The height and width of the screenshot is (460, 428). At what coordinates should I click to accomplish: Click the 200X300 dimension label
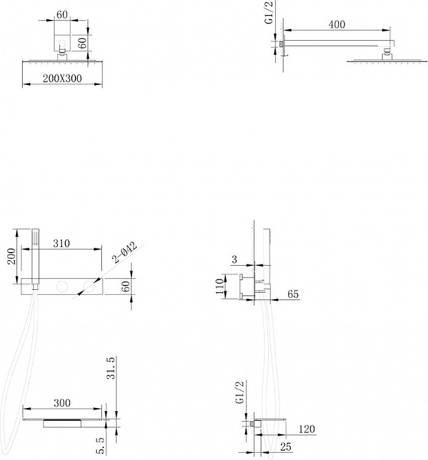click(62, 78)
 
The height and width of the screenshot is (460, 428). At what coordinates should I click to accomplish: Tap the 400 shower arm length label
click(337, 25)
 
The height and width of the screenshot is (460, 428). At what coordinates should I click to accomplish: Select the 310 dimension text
click(61, 243)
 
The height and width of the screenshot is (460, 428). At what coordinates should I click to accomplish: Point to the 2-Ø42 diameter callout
click(125, 252)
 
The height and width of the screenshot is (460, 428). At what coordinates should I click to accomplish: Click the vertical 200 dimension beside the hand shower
click(11, 256)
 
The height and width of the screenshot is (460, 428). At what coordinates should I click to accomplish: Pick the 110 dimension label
click(220, 287)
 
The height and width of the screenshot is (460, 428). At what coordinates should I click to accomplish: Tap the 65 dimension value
click(292, 294)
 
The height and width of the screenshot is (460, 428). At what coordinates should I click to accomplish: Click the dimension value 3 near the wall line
click(234, 259)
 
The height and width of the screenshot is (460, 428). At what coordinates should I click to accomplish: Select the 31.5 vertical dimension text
click(111, 368)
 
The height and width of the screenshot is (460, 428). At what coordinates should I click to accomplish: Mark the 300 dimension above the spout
click(62, 402)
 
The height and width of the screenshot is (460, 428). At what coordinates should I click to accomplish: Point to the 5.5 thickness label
click(100, 445)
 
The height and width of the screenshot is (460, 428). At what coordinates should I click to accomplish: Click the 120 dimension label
click(307, 429)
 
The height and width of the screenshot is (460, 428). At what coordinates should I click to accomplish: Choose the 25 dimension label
click(286, 447)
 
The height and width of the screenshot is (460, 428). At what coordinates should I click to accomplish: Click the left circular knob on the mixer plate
click(62, 286)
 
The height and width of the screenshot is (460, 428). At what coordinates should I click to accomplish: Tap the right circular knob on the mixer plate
click(89, 286)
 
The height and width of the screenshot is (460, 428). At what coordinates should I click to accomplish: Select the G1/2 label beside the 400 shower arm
click(269, 12)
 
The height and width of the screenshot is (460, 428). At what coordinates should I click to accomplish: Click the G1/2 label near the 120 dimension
click(240, 393)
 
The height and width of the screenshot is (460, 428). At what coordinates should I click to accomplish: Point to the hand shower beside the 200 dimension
click(35, 258)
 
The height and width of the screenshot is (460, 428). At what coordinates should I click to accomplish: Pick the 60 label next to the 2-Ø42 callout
click(125, 286)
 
